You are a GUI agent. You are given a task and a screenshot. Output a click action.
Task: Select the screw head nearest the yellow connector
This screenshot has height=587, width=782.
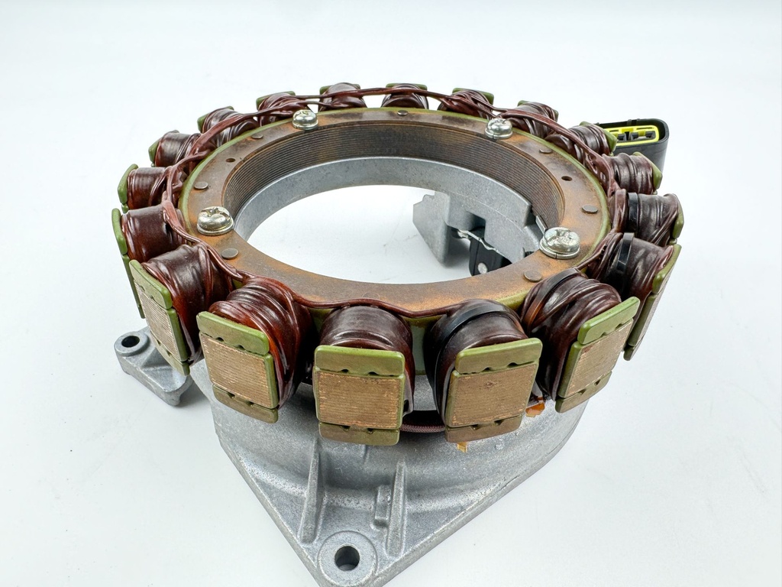coord(499,128)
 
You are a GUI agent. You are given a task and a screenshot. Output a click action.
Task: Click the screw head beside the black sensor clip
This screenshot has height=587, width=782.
coord(560,242)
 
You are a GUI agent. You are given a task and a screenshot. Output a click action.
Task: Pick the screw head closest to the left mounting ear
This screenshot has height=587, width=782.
coord(215,220)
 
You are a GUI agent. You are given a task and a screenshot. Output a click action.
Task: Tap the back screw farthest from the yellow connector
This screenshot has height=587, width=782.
coord(305,118)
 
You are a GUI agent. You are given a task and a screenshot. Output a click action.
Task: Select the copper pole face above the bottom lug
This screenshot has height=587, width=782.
coord(358,400)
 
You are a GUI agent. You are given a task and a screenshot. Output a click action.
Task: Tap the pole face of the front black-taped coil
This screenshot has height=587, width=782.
coord(482,394)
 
